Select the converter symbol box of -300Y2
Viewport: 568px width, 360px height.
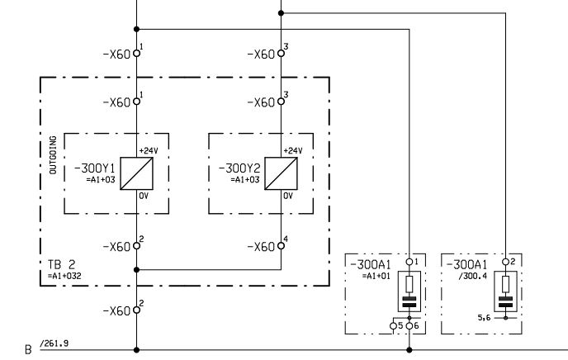point(278,174)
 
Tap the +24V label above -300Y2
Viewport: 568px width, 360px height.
point(293,151)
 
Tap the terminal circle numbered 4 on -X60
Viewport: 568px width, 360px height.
point(281,247)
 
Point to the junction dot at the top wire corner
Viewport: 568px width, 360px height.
point(281,13)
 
